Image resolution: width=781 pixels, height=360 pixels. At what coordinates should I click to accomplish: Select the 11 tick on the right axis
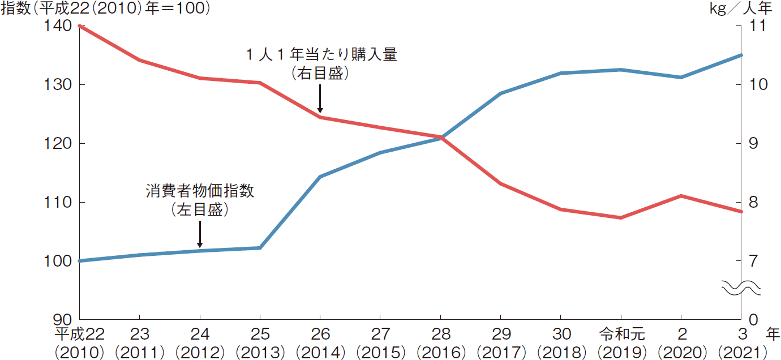(x=757, y=26)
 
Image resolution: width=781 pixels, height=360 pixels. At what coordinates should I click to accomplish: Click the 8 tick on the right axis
(x=753, y=203)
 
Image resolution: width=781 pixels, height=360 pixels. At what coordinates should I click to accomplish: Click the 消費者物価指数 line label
(x=200, y=191)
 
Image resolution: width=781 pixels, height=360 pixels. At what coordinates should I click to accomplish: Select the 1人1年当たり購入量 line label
(x=321, y=55)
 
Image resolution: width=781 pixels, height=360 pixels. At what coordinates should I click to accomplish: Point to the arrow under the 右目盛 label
(x=320, y=99)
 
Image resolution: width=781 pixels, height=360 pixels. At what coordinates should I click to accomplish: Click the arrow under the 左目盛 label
(x=200, y=234)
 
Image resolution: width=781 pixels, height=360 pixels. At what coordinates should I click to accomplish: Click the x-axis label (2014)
(x=320, y=352)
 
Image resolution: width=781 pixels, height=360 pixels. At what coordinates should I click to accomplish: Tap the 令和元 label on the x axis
(x=621, y=334)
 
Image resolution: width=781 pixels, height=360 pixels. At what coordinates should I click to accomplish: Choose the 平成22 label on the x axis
(x=79, y=334)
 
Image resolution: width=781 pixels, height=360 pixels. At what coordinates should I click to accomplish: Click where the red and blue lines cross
(x=441, y=137)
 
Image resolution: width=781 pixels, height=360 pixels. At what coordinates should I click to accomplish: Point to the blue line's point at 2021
(x=741, y=55)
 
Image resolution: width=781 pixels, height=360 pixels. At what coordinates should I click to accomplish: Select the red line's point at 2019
(x=621, y=217)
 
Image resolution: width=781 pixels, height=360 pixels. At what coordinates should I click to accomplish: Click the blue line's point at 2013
(x=260, y=248)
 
